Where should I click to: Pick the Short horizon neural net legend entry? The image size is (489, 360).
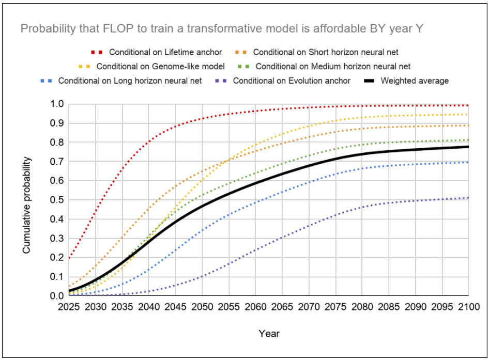(326, 52)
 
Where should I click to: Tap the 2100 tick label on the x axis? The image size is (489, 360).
(468, 306)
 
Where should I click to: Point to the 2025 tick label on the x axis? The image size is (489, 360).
(69, 306)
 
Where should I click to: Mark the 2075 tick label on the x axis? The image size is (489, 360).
(335, 306)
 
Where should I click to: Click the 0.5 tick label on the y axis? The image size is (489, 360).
(57, 200)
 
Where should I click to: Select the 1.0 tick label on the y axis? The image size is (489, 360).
(57, 104)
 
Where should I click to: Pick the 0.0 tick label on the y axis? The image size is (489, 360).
(57, 296)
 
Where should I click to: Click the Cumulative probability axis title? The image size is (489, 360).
(26, 205)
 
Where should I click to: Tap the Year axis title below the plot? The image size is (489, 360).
(269, 334)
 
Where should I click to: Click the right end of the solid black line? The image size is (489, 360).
(468, 147)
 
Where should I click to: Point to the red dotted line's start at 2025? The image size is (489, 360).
(69, 257)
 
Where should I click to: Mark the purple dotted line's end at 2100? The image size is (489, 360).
(468, 198)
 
